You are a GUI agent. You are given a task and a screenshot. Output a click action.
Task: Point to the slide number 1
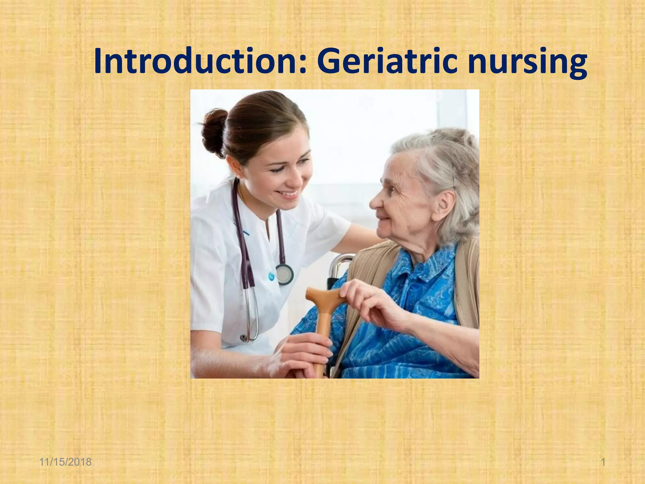pos(603,462)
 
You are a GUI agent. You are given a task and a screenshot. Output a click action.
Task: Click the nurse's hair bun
pos(214,132)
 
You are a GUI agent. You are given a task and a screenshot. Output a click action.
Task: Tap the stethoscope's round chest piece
pos(284,274)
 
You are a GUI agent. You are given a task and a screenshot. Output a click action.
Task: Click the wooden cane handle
pos(324,296)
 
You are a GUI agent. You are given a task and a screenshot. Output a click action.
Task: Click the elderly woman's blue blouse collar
pos(419,268)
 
